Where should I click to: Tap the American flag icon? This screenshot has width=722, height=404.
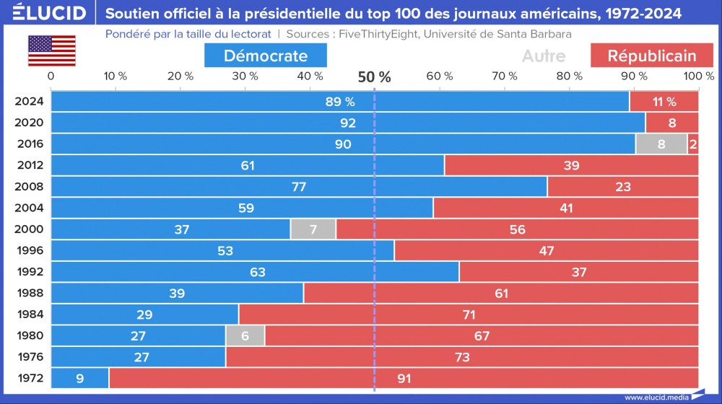click(51, 51)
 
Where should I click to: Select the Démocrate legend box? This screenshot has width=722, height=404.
click(265, 56)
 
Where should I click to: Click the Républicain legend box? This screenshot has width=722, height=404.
click(651, 56)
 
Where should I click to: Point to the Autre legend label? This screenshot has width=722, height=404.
click(543, 56)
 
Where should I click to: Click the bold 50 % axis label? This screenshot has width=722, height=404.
click(374, 77)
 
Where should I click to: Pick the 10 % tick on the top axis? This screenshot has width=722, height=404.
click(116, 76)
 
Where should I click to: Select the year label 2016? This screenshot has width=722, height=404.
click(30, 144)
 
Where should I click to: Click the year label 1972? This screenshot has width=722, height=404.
click(30, 378)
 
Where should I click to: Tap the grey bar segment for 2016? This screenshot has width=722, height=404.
click(661, 144)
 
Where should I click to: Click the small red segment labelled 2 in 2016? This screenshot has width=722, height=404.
click(693, 144)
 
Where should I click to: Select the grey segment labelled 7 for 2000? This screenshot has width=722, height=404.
click(313, 229)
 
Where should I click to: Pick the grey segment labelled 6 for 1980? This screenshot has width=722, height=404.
click(245, 335)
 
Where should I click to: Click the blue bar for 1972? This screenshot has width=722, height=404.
click(79, 378)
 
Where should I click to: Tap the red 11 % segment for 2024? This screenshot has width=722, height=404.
click(664, 102)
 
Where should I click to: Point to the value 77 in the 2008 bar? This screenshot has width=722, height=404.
click(299, 187)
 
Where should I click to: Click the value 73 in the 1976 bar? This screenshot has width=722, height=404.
click(461, 357)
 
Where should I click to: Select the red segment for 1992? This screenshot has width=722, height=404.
click(578, 272)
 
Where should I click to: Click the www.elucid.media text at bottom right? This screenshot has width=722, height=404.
click(656, 397)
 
